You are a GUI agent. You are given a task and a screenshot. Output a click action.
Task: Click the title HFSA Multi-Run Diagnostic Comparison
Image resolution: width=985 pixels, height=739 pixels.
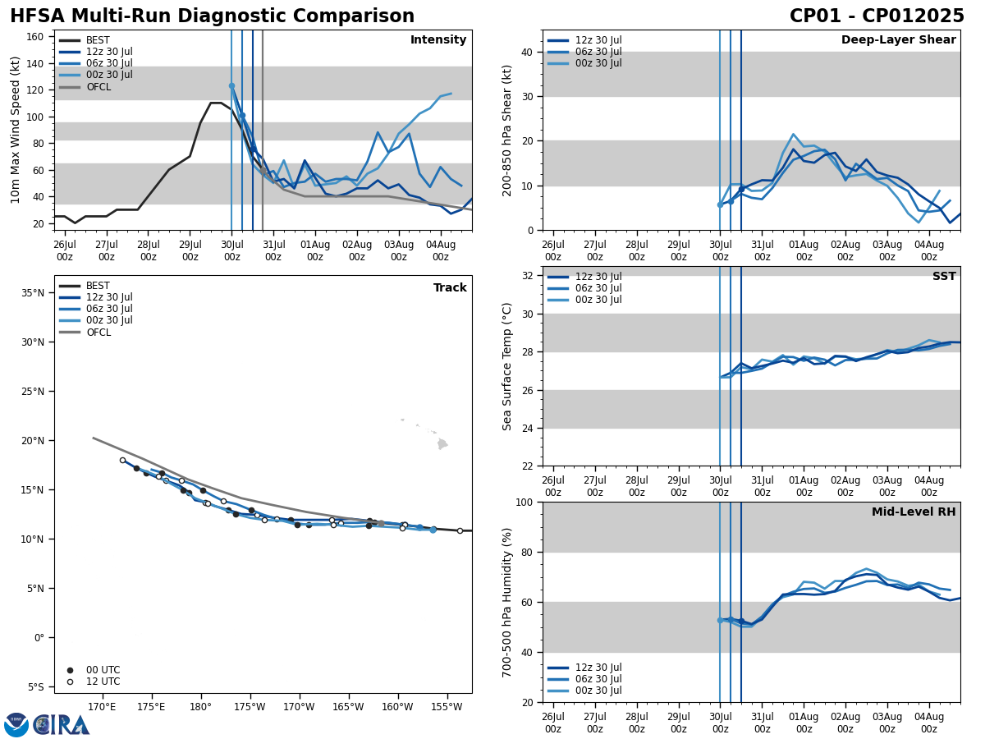pyautogui.click(x=212, y=16)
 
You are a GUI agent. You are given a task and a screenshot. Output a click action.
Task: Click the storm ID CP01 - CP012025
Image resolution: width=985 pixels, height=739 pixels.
pyautogui.click(x=877, y=16)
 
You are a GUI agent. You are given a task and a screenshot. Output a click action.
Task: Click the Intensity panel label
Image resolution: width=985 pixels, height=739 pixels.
pyautogui.click(x=438, y=40)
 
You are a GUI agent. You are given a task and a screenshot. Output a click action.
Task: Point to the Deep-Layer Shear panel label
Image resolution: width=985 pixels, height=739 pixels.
pyautogui.click(x=898, y=40)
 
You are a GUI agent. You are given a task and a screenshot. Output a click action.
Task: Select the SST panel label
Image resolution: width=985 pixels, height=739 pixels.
pyautogui.click(x=944, y=277)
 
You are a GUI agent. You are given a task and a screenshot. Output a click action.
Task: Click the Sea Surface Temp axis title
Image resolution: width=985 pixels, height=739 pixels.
pyautogui.click(x=507, y=366)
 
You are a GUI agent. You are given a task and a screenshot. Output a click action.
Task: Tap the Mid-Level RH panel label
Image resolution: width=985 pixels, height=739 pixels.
pyautogui.click(x=914, y=512)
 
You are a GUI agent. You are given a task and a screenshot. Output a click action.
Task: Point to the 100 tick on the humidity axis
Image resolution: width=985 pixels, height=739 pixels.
pyautogui.click(x=523, y=503)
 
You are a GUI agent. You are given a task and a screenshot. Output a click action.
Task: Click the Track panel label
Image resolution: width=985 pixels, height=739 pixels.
pyautogui.click(x=450, y=288)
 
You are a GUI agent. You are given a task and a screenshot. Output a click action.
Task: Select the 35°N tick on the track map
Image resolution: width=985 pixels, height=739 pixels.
pyautogui.click(x=32, y=293)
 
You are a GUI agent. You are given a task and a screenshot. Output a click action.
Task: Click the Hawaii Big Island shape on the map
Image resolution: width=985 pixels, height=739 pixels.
pyautogui.click(x=442, y=444)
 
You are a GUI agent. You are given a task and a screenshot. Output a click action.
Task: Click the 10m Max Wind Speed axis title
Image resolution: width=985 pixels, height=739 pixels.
pyautogui.click(x=15, y=130)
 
